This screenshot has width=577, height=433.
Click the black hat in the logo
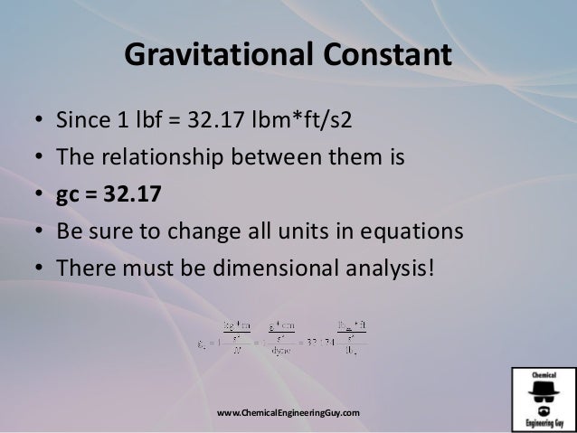click(543, 386)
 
